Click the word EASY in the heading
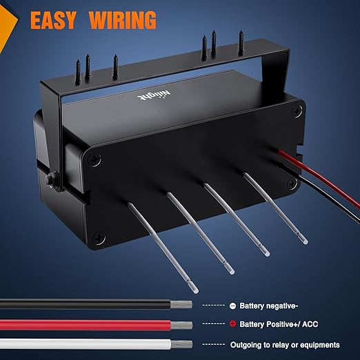tap(53, 20)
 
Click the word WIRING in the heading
tap(123, 20)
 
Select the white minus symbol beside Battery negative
tap(232, 306)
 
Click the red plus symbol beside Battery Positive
tap(232, 324)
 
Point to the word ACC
tap(310, 324)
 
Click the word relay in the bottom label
tap(281, 345)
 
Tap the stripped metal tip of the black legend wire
tap(181, 305)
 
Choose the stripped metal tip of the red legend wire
tap(181, 325)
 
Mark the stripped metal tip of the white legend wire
tap(181, 344)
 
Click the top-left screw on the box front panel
tap(94, 159)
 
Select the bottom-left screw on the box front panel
tap(99, 237)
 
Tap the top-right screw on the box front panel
tap(297, 111)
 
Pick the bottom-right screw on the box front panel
tap(292, 183)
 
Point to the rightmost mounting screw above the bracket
tap(241, 43)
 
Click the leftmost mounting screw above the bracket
tap(78, 72)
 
